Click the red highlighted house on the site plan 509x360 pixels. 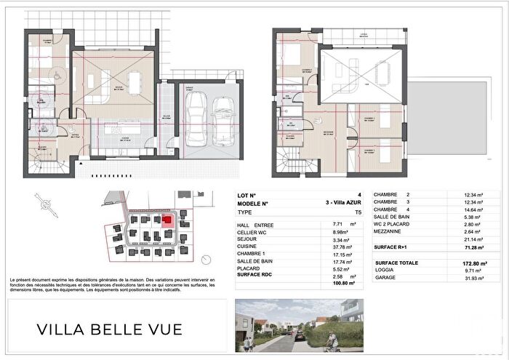click(166, 219)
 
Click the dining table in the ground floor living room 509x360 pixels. click(135, 79)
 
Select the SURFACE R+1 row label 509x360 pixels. click(396, 247)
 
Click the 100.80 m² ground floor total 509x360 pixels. click(345, 284)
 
